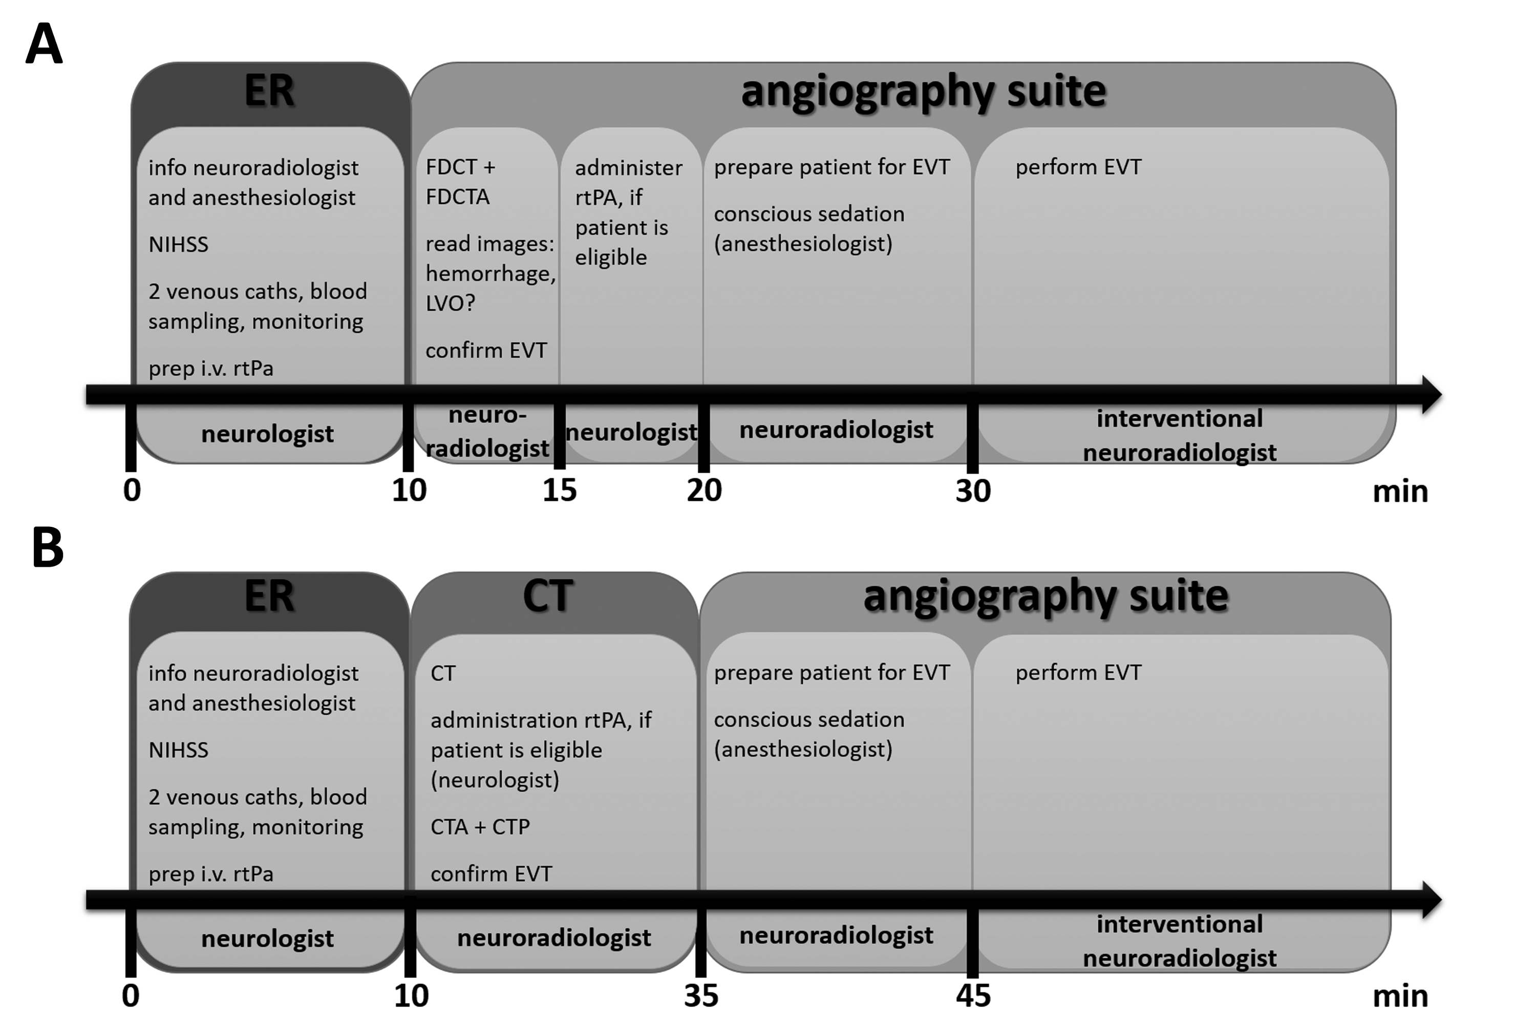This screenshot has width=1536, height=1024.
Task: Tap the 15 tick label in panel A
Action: [x=559, y=490]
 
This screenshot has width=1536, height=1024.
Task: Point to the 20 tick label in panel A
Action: [x=704, y=490]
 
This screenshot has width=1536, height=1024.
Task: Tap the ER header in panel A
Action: [x=269, y=90]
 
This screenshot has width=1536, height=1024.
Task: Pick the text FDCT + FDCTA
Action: [x=460, y=182]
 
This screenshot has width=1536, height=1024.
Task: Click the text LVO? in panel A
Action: [x=450, y=303]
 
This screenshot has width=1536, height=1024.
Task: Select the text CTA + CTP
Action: [x=480, y=827]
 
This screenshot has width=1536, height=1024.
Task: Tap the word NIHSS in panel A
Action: [x=178, y=244]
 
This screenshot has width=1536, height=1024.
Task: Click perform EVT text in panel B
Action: [x=1078, y=673]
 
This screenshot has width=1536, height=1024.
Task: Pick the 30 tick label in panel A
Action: [x=973, y=490]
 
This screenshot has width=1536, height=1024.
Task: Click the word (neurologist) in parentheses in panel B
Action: [x=495, y=780]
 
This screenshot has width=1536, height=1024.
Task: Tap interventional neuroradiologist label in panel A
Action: [x=1180, y=435]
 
